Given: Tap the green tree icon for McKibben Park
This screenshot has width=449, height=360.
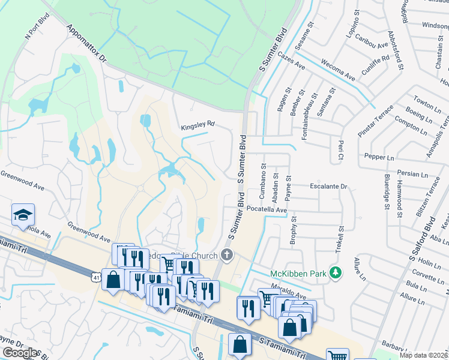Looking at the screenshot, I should [x=336, y=274].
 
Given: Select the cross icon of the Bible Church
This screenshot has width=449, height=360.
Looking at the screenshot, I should [x=226, y=256].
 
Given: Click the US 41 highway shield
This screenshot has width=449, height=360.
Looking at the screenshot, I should [x=97, y=277].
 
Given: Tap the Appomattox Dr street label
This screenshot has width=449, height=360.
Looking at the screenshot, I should [x=86, y=44].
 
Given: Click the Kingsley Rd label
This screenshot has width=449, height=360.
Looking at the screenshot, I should [x=197, y=126].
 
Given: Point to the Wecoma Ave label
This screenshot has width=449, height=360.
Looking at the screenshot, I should [x=338, y=70].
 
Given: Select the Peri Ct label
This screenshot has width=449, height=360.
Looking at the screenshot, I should [x=340, y=146].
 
